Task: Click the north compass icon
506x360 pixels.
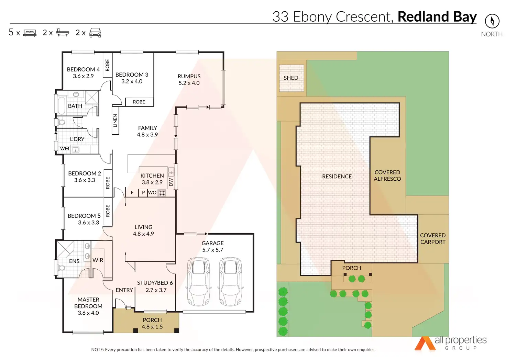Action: click(492, 21)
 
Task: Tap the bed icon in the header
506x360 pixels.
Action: click(30, 33)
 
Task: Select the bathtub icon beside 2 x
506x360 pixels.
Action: click(63, 33)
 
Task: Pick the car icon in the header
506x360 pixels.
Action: click(95, 33)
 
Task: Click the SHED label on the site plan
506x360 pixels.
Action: click(291, 78)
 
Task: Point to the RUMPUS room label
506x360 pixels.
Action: click(189, 76)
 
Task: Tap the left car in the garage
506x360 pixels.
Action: click(198, 281)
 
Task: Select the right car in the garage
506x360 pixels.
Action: click(231, 281)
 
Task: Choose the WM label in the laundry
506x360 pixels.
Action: click(65, 149)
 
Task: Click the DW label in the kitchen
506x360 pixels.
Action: click(171, 182)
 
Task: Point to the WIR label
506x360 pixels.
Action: click(98, 260)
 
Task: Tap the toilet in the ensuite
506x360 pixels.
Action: click(62, 268)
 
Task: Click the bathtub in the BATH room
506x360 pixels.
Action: click(62, 105)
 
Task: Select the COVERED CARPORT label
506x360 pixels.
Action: click(433, 239)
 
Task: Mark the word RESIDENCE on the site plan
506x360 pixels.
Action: click(337, 177)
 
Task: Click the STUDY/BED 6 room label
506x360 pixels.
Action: click(155, 283)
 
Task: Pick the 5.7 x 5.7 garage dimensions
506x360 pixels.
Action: click(213, 250)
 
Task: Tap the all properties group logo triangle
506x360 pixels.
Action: click(425, 343)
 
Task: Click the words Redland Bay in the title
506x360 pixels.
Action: click(437, 17)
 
